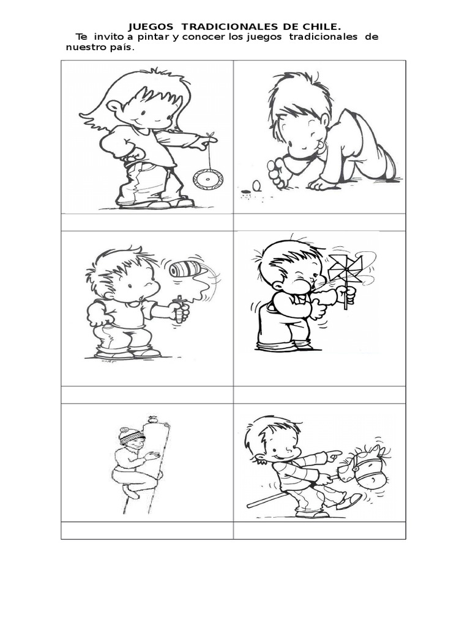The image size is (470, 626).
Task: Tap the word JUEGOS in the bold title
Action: (x=151, y=27)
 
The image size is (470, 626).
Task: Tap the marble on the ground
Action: (x=256, y=185)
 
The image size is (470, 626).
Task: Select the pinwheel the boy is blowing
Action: (x=346, y=270)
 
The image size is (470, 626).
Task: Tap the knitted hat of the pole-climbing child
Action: (x=131, y=435)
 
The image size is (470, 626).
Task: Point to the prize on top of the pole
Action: (x=152, y=419)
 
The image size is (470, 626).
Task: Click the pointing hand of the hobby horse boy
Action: (x=333, y=455)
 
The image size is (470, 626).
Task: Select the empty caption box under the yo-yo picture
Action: (x=147, y=223)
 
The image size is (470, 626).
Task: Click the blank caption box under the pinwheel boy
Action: (x=319, y=395)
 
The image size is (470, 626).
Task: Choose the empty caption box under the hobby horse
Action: (x=319, y=531)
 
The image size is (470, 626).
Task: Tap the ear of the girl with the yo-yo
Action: (x=114, y=107)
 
